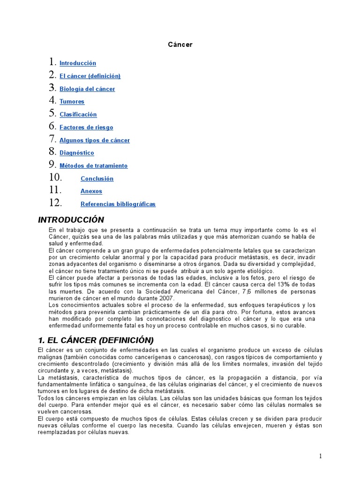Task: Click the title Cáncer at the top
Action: (180, 45)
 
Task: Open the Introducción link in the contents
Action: (78, 63)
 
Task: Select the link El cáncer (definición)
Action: (90, 76)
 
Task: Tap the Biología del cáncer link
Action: (87, 89)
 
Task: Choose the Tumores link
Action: (72, 102)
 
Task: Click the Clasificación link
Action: (78, 114)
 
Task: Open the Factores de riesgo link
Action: (86, 127)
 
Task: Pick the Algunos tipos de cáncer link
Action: (95, 140)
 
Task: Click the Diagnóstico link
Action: (76, 153)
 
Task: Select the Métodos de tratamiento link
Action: (93, 166)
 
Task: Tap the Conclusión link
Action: (97, 179)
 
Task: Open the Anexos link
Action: (91, 191)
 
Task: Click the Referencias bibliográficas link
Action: (118, 204)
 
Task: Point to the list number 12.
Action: (55, 203)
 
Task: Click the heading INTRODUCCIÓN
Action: (71, 220)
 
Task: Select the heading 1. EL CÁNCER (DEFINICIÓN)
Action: (96, 340)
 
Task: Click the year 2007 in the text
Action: (166, 298)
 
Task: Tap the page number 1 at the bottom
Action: (321, 457)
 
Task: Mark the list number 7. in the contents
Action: (52, 139)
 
